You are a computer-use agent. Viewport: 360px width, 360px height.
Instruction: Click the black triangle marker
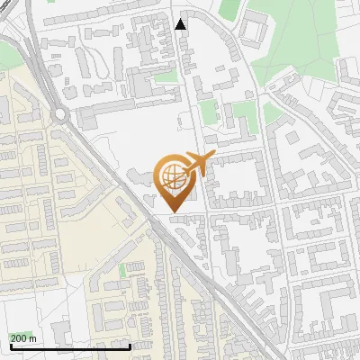pyautogui.click(x=181, y=24)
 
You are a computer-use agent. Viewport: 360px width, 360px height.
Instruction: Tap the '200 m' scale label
pyautogui.click(x=23, y=338)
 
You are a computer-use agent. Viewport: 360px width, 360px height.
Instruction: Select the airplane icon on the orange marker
pyautogui.click(x=196, y=165)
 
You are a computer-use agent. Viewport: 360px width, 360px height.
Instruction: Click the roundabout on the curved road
pyautogui.click(x=60, y=114)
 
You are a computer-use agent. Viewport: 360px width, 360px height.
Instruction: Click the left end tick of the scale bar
pyautogui.click(x=8, y=346)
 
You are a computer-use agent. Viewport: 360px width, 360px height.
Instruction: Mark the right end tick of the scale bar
pyautogui.click(x=130, y=346)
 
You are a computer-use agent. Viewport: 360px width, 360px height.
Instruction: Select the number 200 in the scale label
pyautogui.click(x=19, y=338)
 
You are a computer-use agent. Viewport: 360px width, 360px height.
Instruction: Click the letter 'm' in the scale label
pyautogui.click(x=32, y=338)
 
